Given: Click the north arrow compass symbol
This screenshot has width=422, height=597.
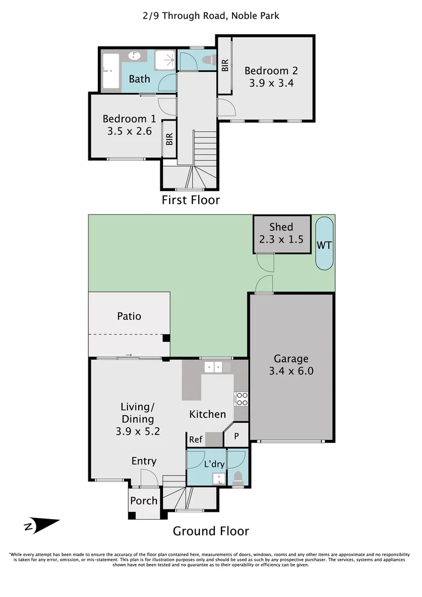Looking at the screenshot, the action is pyautogui.click(x=41, y=526).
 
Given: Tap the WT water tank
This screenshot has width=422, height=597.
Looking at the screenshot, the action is pyautogui.click(x=324, y=244).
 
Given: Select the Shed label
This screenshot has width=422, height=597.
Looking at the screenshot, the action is pyautogui.click(x=281, y=227).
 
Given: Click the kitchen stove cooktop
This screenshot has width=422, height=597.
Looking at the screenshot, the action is pyautogui.click(x=241, y=399).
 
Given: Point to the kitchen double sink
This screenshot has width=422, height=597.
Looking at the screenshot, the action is pyautogui.click(x=213, y=367).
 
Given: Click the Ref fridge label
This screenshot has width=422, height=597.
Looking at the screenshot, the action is pyautogui.click(x=196, y=439).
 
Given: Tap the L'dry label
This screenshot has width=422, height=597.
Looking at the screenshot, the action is pyautogui.click(x=214, y=464).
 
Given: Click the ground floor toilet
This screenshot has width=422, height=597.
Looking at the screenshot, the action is pyautogui.click(x=238, y=478).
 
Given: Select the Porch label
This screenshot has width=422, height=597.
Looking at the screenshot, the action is pyautogui.click(x=144, y=501).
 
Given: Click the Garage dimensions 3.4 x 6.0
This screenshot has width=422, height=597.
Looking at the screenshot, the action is pyautogui.click(x=291, y=371).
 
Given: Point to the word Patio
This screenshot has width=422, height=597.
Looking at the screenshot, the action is pyautogui.click(x=129, y=316).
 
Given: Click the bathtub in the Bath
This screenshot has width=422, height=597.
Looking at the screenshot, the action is pyautogui.click(x=110, y=71).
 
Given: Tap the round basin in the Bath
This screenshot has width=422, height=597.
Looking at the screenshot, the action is pyautogui.click(x=134, y=56).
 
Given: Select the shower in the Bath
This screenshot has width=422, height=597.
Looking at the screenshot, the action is pyautogui.click(x=165, y=61).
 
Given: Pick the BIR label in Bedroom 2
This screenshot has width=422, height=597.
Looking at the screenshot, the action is pyautogui.click(x=225, y=65).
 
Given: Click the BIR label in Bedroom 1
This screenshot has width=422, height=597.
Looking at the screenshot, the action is pyautogui.click(x=170, y=139).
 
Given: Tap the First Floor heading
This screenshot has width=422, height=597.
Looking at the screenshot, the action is pyautogui.click(x=191, y=200).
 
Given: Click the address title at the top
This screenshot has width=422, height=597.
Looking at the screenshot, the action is pyautogui.click(x=211, y=15).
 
